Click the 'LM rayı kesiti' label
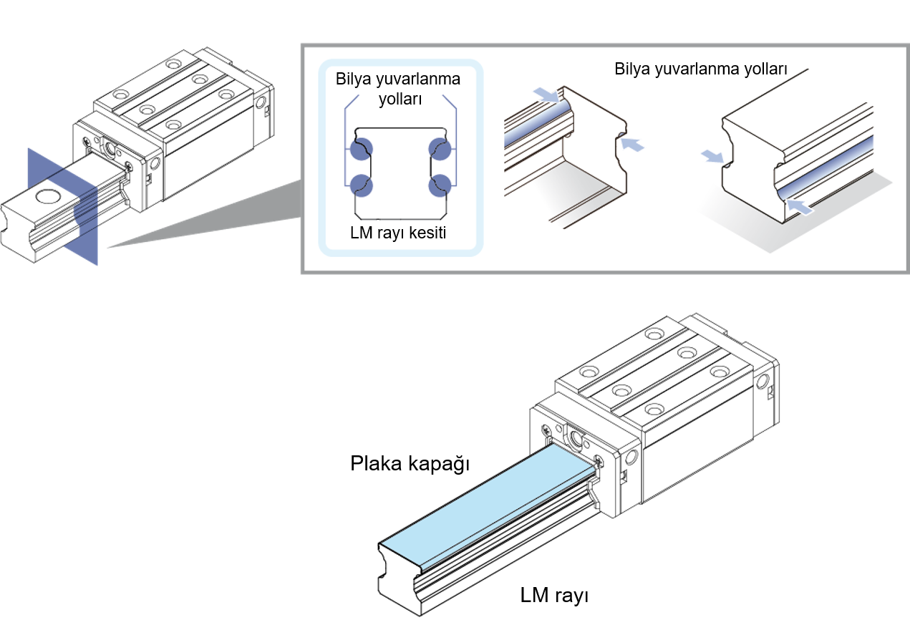pyautogui.click(x=398, y=233)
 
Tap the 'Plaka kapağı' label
pyautogui.click(x=410, y=464)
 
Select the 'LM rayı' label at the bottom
pyautogui.click(x=554, y=595)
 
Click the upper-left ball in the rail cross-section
pyautogui.click(x=361, y=149)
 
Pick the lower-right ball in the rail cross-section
pyautogui.click(x=440, y=185)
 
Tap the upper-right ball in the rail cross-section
pyautogui.click(x=440, y=149)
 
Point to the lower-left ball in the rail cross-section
pyautogui.click(x=361, y=185)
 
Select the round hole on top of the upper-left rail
pyautogui.click(x=49, y=197)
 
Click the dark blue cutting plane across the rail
pyautogui.click(x=62, y=206)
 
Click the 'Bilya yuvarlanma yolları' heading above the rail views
pyautogui.click(x=701, y=69)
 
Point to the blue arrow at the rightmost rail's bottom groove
pyautogui.click(x=800, y=206)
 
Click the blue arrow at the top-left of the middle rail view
pyautogui.click(x=546, y=95)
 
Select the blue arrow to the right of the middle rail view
pyautogui.click(x=632, y=144)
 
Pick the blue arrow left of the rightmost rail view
pyautogui.click(x=713, y=156)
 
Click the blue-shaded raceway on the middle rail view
pyautogui.click(x=537, y=124)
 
